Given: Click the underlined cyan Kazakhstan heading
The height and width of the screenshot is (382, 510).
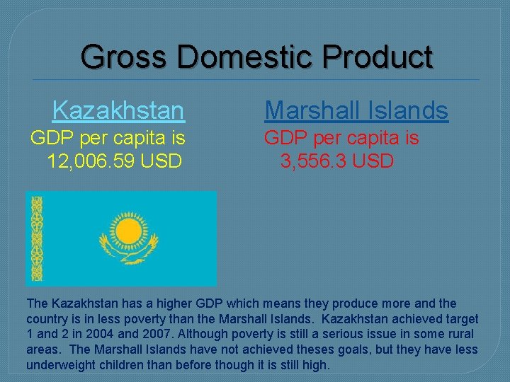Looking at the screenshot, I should click(x=118, y=110).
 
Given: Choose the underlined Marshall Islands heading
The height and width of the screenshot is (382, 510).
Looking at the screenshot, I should click(x=356, y=110).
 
